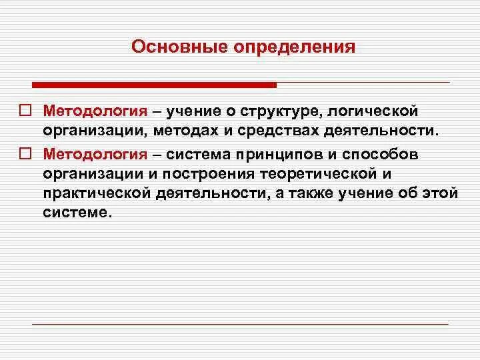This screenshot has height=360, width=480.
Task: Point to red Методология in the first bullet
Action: [95, 109]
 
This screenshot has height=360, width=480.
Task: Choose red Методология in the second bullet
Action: [95, 155]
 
